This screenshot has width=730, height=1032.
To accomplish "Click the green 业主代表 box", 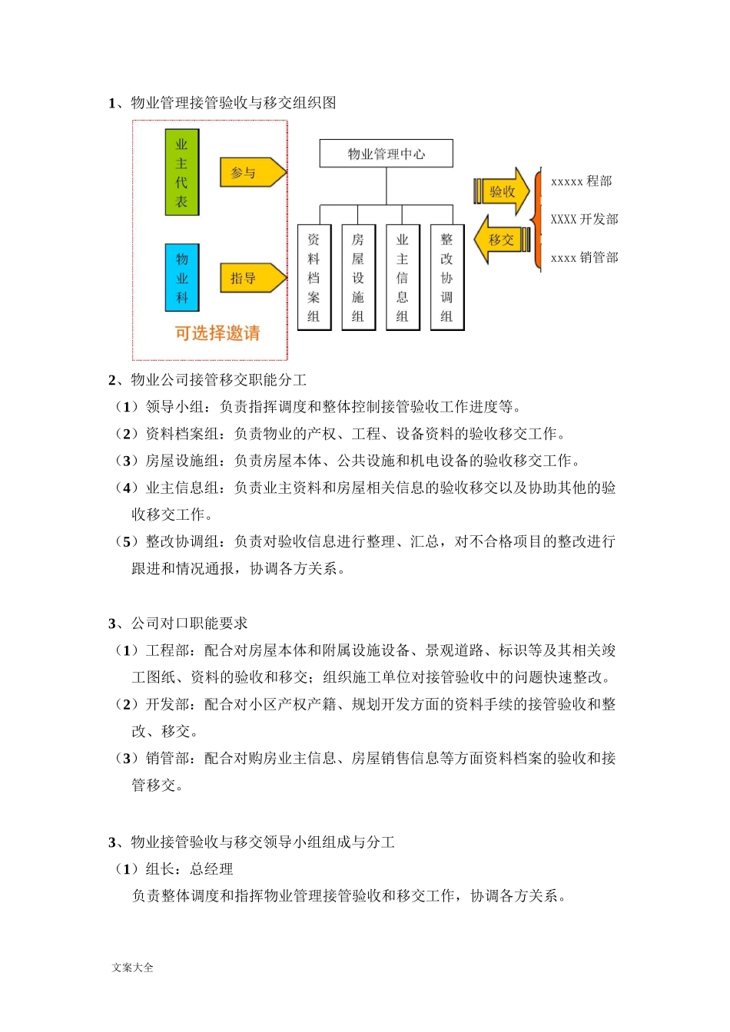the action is (181, 173).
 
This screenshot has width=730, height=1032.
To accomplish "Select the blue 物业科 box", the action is (181, 277).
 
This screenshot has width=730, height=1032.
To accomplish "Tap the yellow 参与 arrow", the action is (251, 173).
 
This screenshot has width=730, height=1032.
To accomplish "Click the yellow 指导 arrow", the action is (251, 278).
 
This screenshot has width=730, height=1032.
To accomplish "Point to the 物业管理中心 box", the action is (386, 154).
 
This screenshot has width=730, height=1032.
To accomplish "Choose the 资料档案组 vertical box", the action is (314, 277).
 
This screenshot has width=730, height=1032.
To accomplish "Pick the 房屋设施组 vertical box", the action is (358, 277).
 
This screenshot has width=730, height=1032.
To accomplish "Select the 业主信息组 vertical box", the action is (402, 277).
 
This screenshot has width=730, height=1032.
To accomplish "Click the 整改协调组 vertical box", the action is (446, 277).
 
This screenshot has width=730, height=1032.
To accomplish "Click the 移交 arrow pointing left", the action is (501, 240).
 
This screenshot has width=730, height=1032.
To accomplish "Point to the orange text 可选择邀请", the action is (217, 333).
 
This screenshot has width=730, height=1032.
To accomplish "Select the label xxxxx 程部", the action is (581, 181).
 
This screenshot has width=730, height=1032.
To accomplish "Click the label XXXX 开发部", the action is (584, 220).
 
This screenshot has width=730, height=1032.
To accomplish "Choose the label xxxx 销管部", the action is (584, 258).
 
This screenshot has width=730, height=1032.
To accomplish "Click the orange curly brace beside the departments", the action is (537, 219).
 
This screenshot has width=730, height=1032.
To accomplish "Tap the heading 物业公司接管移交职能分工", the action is (218, 380).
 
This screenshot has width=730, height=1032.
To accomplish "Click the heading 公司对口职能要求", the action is (189, 623).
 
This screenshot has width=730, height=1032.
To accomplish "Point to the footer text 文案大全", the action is (132, 968).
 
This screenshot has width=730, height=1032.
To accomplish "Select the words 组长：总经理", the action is (189, 869).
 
